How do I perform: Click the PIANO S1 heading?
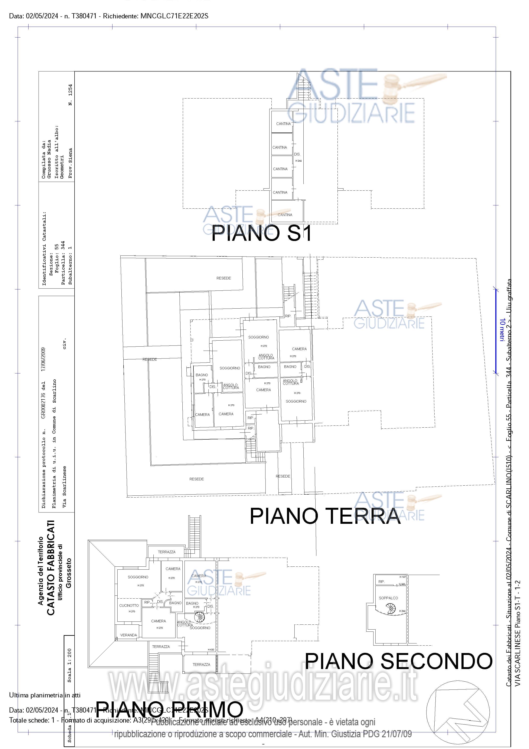261,234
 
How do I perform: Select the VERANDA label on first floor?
128,635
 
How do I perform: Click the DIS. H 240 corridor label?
297,157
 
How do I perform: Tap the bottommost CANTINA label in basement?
285,215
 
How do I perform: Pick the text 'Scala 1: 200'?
69,665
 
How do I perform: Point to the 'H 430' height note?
211,649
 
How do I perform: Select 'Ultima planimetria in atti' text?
45,695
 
